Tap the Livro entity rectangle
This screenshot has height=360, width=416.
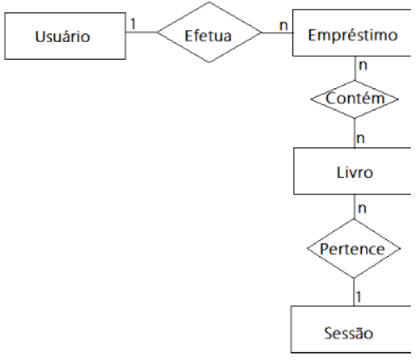354,173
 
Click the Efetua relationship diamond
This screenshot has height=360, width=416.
209,33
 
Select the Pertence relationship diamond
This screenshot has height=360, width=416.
354,249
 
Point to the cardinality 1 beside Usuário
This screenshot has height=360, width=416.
132,23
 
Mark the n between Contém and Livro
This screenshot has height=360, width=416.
361,137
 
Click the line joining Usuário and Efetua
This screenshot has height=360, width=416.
139,33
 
